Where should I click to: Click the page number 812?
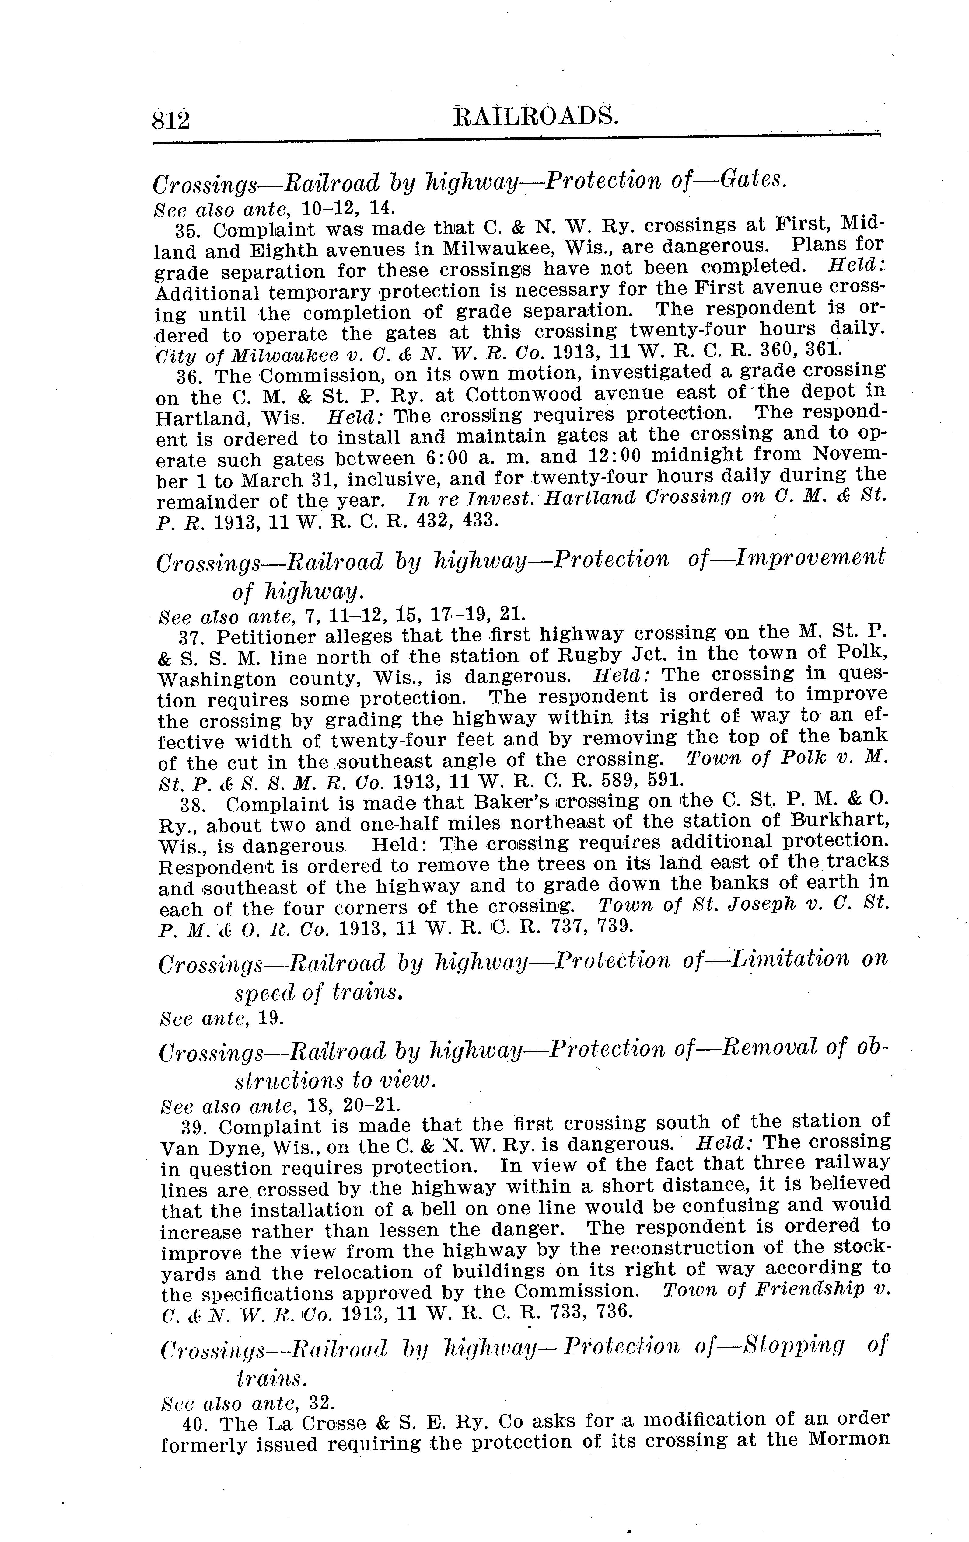coord(171,119)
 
